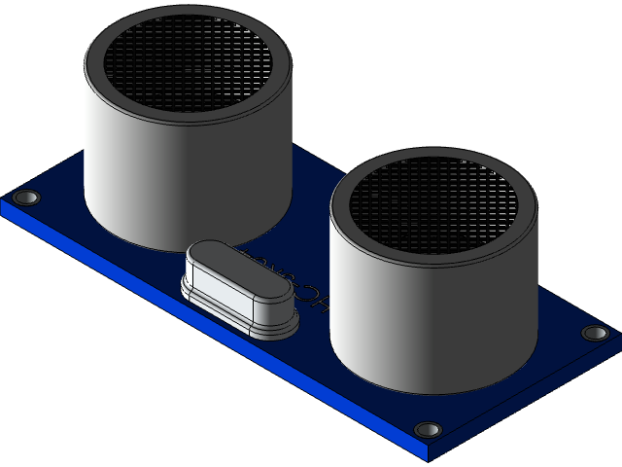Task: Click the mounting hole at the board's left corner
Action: point(27,198)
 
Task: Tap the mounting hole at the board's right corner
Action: point(595,333)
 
